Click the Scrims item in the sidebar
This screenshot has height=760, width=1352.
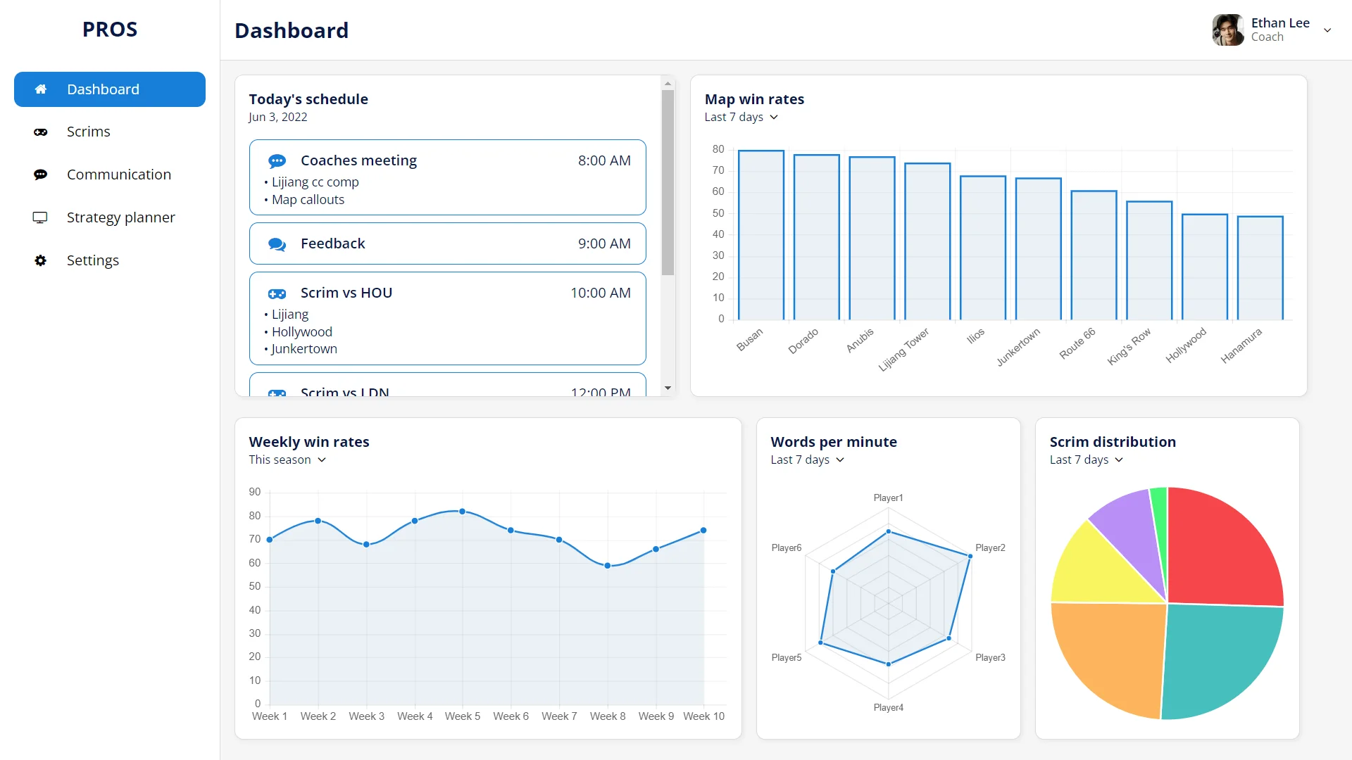(x=88, y=132)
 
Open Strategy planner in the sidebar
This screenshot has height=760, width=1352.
(x=120, y=217)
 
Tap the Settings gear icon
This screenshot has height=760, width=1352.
(x=41, y=260)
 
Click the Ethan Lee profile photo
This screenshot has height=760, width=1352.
(x=1227, y=30)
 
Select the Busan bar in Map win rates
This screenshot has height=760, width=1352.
(x=760, y=235)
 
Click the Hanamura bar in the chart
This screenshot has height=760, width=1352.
(x=1260, y=267)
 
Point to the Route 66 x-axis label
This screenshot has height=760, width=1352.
(x=1077, y=343)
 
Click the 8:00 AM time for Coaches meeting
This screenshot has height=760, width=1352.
(x=603, y=160)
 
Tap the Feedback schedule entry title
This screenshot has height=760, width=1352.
(x=332, y=243)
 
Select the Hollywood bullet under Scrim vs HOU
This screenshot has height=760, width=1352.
(x=301, y=331)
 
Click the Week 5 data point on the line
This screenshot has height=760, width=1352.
(x=462, y=512)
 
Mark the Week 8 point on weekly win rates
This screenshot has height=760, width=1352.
(x=608, y=566)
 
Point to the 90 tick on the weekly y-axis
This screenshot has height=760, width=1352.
(x=254, y=492)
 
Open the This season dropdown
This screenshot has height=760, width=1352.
(x=287, y=460)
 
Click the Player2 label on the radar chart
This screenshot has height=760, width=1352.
(x=989, y=547)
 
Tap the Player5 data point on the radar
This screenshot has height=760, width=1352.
(x=821, y=642)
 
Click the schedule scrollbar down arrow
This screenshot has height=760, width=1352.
(x=668, y=388)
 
